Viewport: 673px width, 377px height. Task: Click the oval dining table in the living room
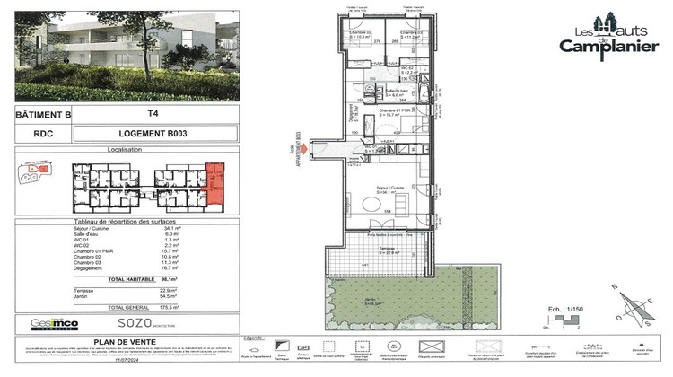tap(371, 204)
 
